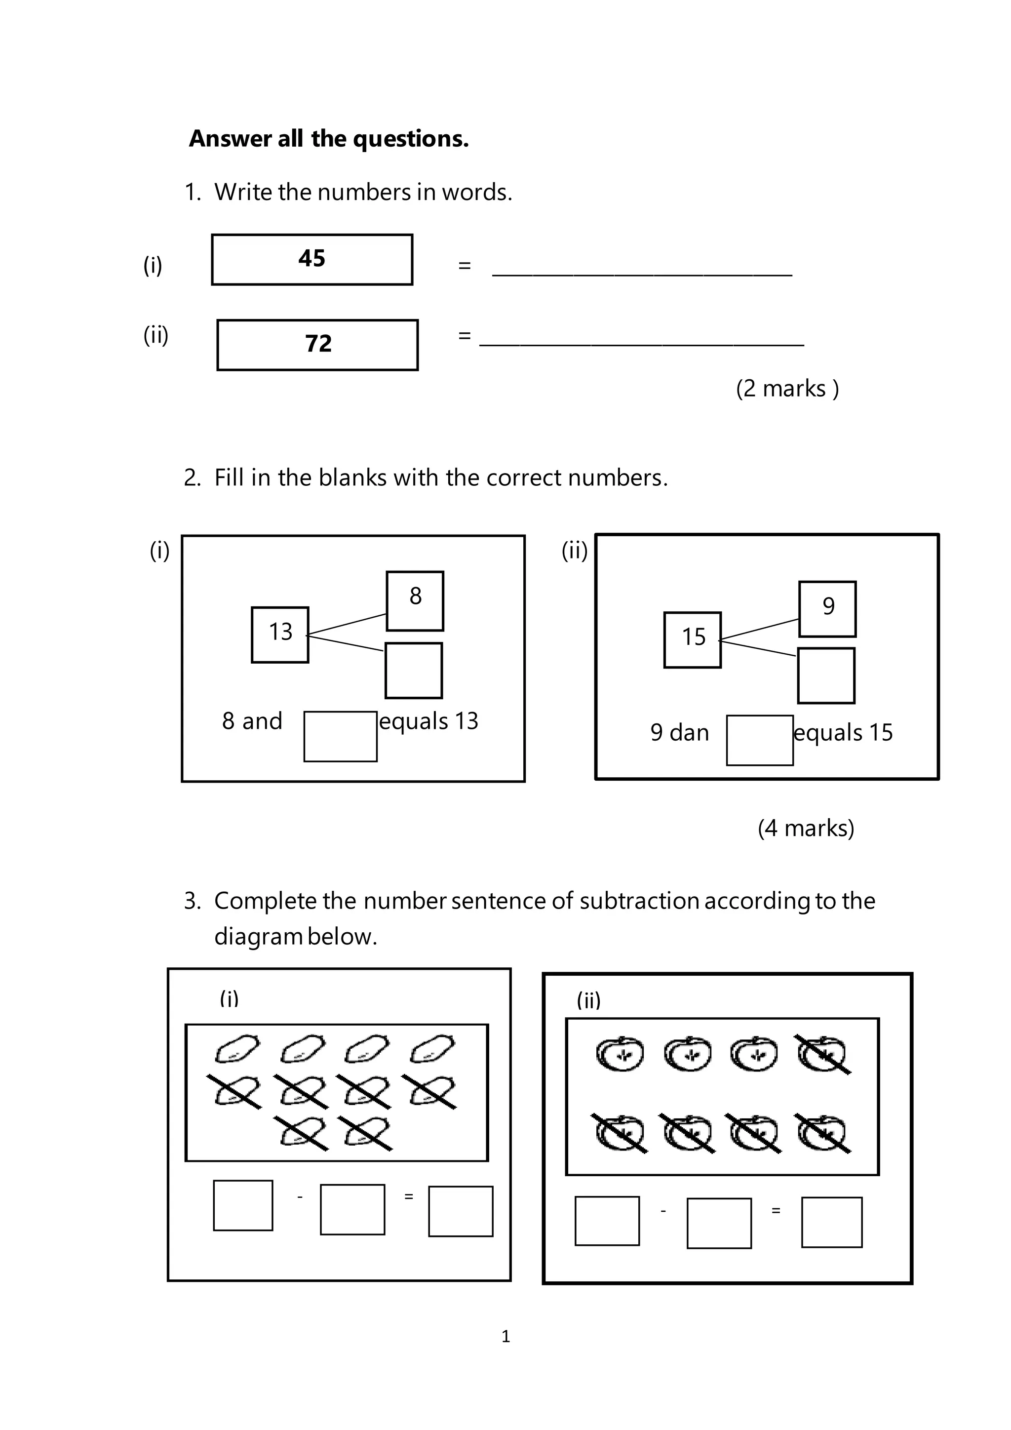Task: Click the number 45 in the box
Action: click(x=312, y=258)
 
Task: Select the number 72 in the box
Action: click(x=318, y=344)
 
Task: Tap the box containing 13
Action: click(x=280, y=635)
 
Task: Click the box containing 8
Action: click(x=415, y=601)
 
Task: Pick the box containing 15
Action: click(x=692, y=639)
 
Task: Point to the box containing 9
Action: click(x=827, y=609)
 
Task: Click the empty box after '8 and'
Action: click(x=340, y=736)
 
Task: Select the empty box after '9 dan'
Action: click(x=760, y=740)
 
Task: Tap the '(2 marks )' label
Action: click(x=787, y=389)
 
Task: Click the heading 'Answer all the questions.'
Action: click(x=329, y=138)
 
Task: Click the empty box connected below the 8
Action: click(x=413, y=671)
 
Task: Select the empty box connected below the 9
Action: click(x=826, y=676)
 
